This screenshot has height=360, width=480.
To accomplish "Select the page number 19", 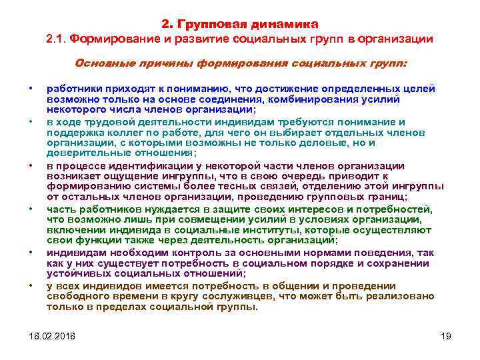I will point(447,335).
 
